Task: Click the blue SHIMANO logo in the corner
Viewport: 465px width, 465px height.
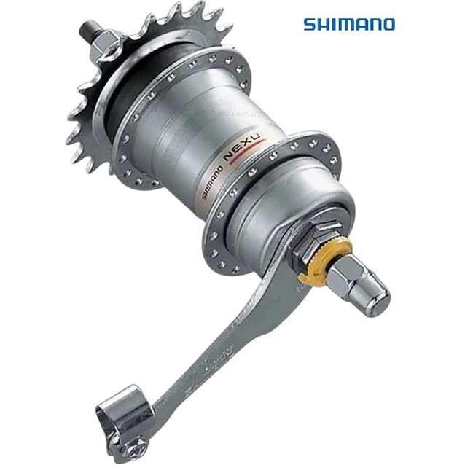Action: pos(348,24)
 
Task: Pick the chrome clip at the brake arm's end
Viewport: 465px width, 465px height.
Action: pos(125,415)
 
